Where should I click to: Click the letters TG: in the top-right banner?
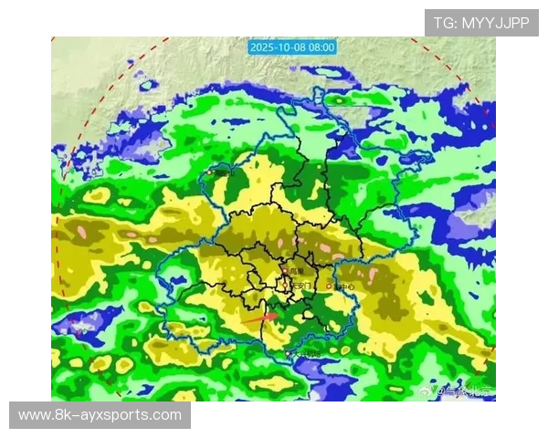click(x=446, y=23)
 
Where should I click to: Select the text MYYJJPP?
click(x=496, y=23)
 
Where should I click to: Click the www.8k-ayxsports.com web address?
click(x=100, y=415)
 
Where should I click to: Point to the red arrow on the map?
click(x=260, y=318)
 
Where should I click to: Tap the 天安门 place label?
click(x=302, y=286)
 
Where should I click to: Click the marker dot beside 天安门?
click(x=290, y=287)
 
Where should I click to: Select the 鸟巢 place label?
click(x=297, y=271)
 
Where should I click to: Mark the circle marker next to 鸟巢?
click(x=286, y=271)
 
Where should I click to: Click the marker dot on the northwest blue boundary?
click(x=210, y=171)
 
